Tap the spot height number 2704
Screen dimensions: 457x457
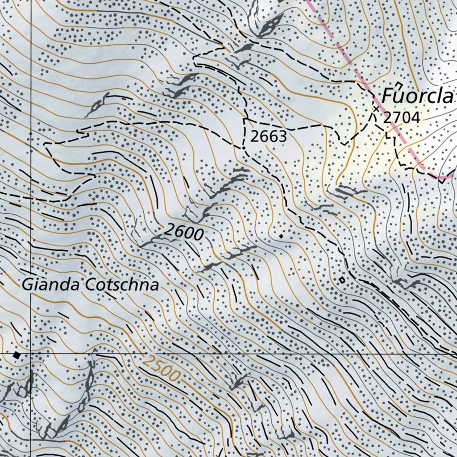pos(402,118)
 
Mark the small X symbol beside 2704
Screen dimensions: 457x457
pos(376,108)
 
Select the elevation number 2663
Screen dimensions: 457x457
pos(268,137)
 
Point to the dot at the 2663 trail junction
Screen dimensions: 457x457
pos(244,148)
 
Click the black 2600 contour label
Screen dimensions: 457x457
pos(184,232)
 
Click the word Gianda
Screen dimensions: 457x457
pos(51,285)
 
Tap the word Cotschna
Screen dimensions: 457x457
pos(122,285)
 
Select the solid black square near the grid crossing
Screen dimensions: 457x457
pos(17,355)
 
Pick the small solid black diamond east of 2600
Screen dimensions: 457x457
pos(281,235)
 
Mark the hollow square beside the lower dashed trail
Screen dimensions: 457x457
pos(342,280)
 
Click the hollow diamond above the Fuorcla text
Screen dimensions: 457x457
pos(399,85)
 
